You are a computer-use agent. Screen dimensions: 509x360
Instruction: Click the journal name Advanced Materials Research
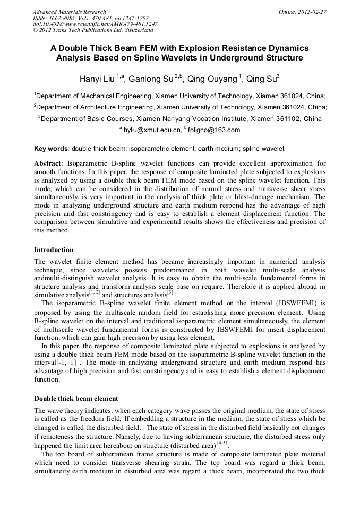[69, 12]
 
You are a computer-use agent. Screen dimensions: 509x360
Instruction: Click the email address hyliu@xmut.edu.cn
[151, 130]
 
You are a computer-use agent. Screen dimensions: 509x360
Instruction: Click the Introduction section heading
[54, 249]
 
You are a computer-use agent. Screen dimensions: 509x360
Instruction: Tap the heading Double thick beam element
[76, 398]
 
